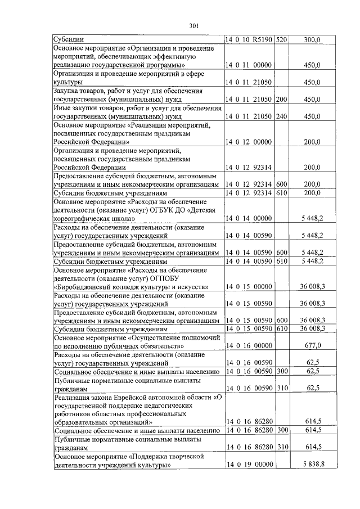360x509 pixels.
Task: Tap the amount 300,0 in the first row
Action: [312, 40]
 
